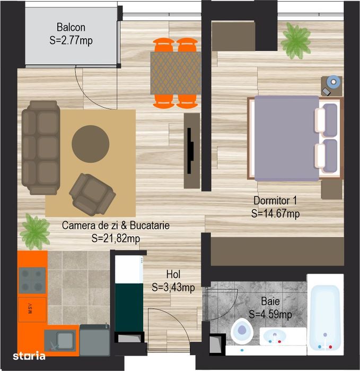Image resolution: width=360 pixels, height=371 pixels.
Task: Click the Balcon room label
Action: click(x=71, y=28)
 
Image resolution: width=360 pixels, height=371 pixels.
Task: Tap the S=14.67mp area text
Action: click(x=276, y=213)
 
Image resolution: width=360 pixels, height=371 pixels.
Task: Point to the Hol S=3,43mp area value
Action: click(x=173, y=288)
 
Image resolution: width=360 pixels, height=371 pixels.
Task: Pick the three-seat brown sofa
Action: click(x=40, y=148)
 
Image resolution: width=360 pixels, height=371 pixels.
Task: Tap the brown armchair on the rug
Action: click(x=92, y=193)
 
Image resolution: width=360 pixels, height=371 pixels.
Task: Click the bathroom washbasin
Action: click(x=276, y=337)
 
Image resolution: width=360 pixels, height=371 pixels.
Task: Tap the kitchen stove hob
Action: click(x=32, y=280)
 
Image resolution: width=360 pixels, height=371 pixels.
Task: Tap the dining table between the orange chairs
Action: click(x=175, y=72)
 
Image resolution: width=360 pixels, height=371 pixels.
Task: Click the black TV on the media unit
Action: click(x=189, y=150)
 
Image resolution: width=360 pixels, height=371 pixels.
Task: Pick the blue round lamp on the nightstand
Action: click(x=332, y=82)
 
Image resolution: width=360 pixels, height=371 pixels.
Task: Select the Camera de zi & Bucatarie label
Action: click(x=116, y=226)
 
